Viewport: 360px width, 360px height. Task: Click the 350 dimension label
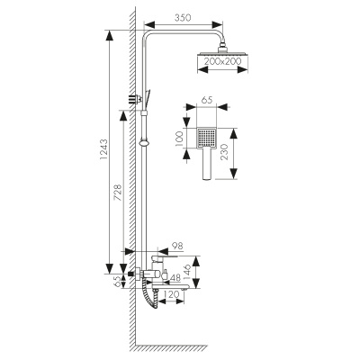pyautogui.click(x=183, y=18)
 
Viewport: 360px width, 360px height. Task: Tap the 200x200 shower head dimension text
pyautogui.click(x=222, y=61)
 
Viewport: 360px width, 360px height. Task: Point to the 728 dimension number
pyautogui.click(x=118, y=193)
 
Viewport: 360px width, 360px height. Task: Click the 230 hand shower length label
pyautogui.click(x=225, y=152)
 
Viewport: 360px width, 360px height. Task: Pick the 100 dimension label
pyautogui.click(x=178, y=139)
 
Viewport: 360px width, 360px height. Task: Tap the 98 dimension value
pyautogui.click(x=177, y=246)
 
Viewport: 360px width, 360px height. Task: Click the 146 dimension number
pyautogui.click(x=186, y=272)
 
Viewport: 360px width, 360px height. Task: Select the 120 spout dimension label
pyautogui.click(x=172, y=294)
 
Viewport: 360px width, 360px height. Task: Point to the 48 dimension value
pyautogui.click(x=175, y=278)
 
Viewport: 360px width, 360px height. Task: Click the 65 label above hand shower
pyautogui.click(x=207, y=100)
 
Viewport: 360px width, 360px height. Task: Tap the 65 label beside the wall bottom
pyautogui.click(x=118, y=282)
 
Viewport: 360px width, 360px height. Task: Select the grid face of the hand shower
pyautogui.click(x=206, y=138)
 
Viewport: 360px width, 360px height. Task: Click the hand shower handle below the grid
pyautogui.click(x=207, y=164)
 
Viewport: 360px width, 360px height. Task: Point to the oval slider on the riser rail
pyautogui.click(x=145, y=141)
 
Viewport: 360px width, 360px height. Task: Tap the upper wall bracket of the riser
pyautogui.click(x=136, y=99)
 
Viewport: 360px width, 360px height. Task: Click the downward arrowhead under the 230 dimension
pyautogui.click(x=233, y=174)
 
